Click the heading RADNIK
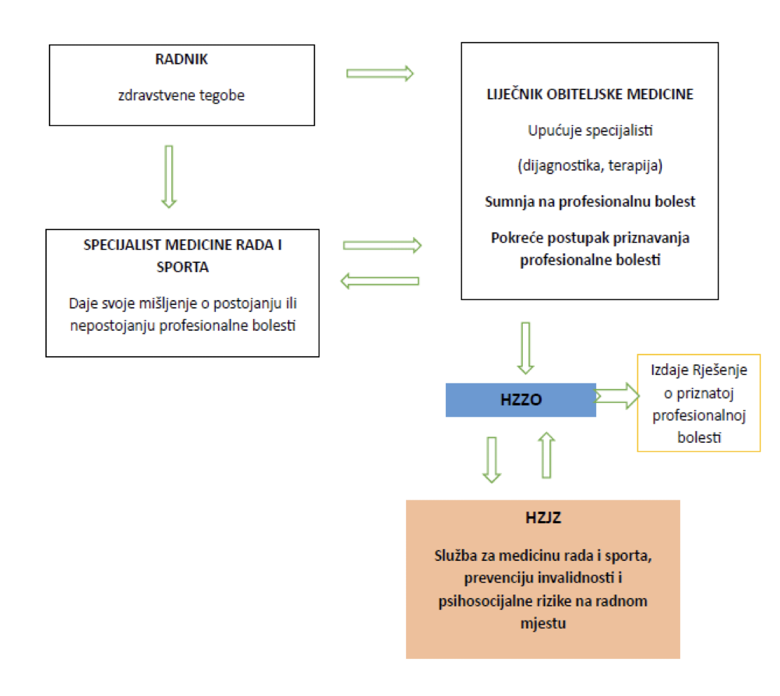182,59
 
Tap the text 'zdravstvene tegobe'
182,95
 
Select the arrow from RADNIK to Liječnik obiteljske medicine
380,73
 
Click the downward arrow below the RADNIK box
168,176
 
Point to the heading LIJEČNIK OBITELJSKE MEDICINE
589,94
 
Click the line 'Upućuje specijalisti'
589,129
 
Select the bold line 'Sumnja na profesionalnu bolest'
589,201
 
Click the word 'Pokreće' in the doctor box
514,238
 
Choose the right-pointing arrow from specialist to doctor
383,245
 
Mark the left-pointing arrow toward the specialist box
380,281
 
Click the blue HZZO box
521,400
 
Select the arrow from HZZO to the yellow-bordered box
617,397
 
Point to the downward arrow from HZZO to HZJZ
492,460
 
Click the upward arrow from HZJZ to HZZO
547,455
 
